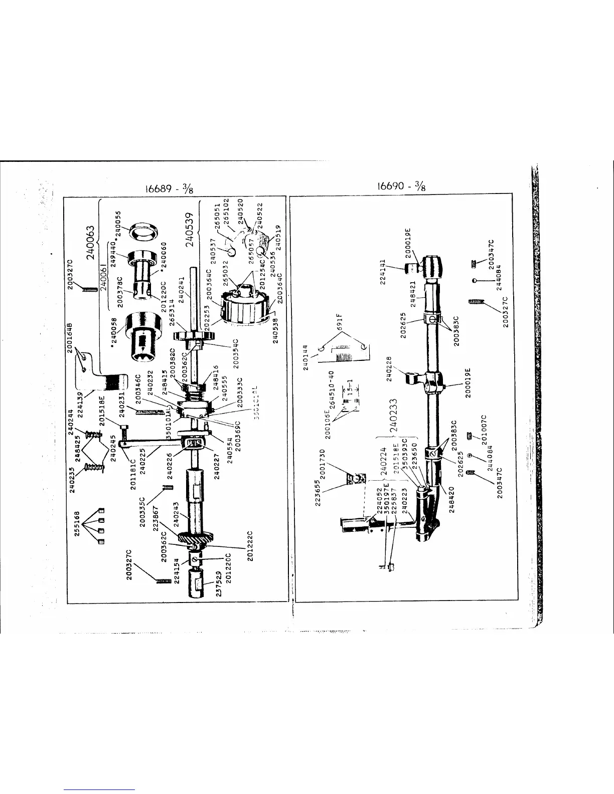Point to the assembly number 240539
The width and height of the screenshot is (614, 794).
190,229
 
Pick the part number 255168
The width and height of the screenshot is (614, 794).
78,524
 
